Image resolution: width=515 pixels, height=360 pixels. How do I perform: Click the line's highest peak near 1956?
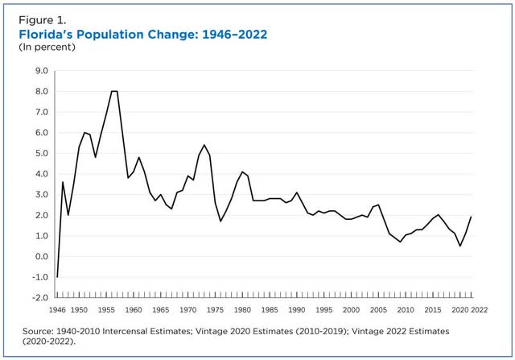pyautogui.click(x=113, y=91)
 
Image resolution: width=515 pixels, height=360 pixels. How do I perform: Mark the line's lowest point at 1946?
pyautogui.click(x=57, y=276)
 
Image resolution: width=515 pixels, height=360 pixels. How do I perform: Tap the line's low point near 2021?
pyautogui.click(x=459, y=246)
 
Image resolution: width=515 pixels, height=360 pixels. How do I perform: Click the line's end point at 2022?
pyautogui.click(x=471, y=217)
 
